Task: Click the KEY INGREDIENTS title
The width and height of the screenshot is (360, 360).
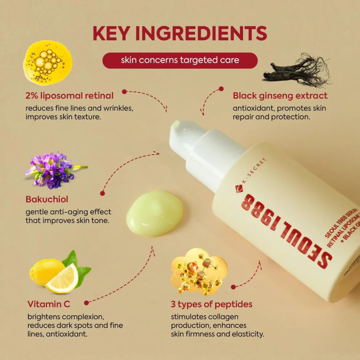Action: (x=180, y=33)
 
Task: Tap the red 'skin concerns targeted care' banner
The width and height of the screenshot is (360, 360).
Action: (x=180, y=60)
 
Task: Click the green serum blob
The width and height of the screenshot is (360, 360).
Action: (x=155, y=214)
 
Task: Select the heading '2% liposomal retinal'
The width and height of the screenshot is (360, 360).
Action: (x=69, y=96)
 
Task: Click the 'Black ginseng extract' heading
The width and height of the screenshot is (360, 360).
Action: (x=280, y=96)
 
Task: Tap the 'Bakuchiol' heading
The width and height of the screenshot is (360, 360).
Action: (x=47, y=199)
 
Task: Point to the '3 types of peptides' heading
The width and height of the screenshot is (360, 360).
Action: (x=211, y=304)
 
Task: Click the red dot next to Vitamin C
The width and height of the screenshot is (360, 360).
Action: (x=86, y=303)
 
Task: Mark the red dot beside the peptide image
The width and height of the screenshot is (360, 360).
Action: (x=233, y=287)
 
